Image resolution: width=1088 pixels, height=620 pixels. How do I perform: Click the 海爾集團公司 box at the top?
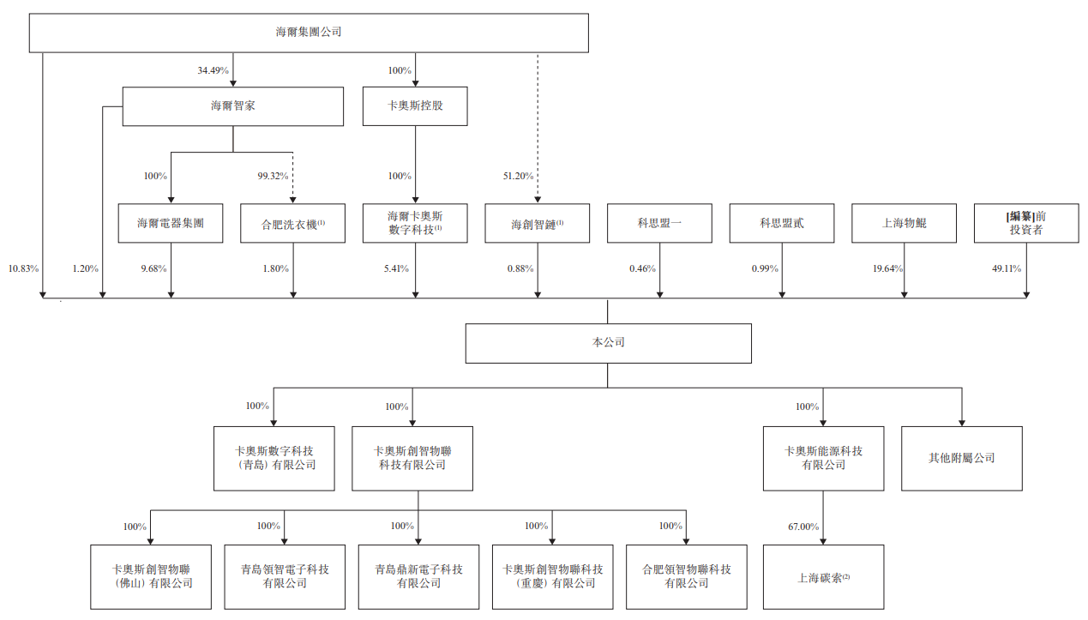click(309, 33)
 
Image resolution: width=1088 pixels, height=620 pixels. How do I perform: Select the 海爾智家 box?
click(232, 106)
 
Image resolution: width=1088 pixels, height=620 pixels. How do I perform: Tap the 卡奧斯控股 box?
click(415, 106)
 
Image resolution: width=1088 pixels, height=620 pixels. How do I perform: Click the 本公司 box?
click(608, 343)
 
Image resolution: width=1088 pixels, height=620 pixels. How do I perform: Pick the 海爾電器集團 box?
click(171, 223)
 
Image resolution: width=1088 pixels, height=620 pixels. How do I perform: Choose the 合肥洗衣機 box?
click(292, 223)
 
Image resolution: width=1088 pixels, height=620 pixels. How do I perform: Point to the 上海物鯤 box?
click(904, 223)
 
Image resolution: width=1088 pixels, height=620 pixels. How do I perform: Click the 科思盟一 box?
click(659, 223)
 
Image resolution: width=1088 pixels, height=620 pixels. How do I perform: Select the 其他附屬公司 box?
click(961, 458)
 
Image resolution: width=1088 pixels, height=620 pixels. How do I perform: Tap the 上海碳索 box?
click(823, 576)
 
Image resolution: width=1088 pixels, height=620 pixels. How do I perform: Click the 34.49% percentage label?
click(213, 70)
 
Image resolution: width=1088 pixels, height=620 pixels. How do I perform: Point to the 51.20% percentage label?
click(518, 176)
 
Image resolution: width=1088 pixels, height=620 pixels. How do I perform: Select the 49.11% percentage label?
click(1006, 268)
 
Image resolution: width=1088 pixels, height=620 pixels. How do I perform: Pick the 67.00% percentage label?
click(803, 527)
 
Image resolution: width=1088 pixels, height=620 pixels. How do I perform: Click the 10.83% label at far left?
click(23, 268)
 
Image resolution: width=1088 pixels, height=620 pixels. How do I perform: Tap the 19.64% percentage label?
click(887, 268)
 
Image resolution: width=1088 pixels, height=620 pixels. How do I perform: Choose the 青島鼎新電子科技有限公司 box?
click(418, 576)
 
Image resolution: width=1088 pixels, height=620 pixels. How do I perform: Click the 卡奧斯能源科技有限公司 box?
click(823, 458)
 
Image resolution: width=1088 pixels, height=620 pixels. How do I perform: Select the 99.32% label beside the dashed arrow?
click(274, 176)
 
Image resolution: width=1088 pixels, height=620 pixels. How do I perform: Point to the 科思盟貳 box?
click(782, 223)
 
